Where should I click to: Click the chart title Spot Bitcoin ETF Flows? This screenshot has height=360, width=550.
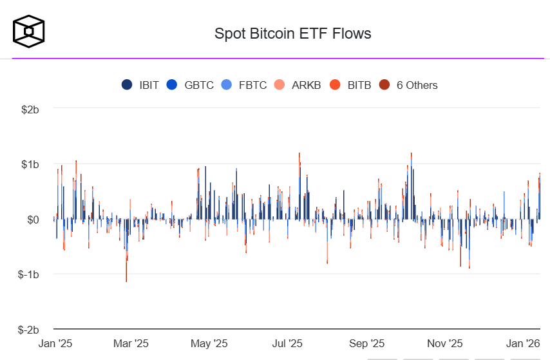coord(293,33)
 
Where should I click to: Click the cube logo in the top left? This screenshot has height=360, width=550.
coord(29,30)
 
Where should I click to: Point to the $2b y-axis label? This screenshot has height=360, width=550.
coord(30,109)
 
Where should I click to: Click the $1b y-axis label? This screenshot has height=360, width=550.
coord(30,164)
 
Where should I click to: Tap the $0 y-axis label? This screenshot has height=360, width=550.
coord(32,220)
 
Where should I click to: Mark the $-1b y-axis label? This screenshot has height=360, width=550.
coord(29,274)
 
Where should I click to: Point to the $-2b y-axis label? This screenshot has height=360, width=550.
coord(29,330)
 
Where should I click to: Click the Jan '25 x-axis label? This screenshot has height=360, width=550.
coord(56,343)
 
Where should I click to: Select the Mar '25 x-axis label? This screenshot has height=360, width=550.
coord(131,343)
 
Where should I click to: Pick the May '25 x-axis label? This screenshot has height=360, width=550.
coord(210,343)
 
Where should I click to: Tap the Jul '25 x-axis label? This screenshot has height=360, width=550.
coord(287,343)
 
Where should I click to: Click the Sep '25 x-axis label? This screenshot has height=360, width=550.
coord(367,343)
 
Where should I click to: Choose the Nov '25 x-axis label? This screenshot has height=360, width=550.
coord(445,343)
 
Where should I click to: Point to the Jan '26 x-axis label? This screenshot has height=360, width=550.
coord(522,343)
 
